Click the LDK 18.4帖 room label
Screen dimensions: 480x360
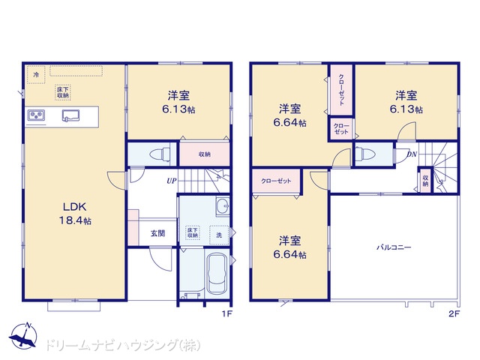click(x=75, y=213)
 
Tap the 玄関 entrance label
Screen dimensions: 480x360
click(x=158, y=233)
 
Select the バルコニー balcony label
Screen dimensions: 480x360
click(x=394, y=247)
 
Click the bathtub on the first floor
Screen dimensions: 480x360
click(x=217, y=273)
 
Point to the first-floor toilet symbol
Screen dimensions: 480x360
click(x=160, y=154)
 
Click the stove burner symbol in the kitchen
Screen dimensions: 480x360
click(x=36, y=115)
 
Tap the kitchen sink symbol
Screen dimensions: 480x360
click(x=71, y=115)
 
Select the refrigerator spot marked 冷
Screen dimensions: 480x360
click(x=36, y=74)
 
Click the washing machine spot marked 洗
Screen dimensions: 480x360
click(x=219, y=235)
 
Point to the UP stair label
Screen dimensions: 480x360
click(x=172, y=181)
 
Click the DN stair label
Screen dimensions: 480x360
click(x=412, y=154)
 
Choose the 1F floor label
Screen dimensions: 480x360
click(x=226, y=313)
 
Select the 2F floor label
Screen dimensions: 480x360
click(x=454, y=313)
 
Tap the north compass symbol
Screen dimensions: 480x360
click(x=23, y=335)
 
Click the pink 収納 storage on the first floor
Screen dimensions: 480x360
click(x=205, y=154)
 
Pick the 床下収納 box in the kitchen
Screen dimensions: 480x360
click(x=63, y=92)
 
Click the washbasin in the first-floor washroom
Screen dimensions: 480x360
click(x=223, y=206)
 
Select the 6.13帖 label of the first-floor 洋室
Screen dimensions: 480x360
click(x=178, y=109)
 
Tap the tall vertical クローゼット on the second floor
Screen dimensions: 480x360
click(x=341, y=90)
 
